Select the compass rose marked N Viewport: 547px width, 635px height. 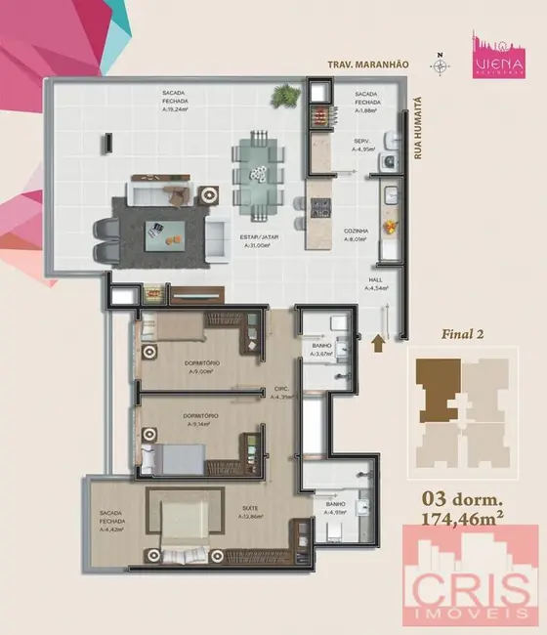pyautogui.click(x=442, y=65)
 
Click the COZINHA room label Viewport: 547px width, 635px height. pyautogui.click(x=357, y=232)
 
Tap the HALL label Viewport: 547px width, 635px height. pyautogui.click(x=376, y=279)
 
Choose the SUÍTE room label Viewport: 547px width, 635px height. pyautogui.click(x=251, y=509)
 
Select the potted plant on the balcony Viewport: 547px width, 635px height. pyautogui.click(x=287, y=96)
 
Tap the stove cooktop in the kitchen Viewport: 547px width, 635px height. pyautogui.click(x=319, y=207)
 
